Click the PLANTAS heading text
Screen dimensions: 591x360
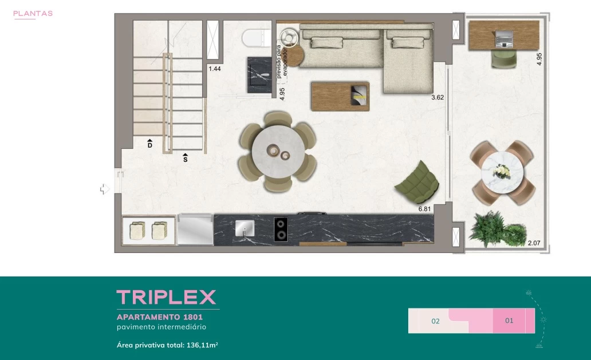point(33,14)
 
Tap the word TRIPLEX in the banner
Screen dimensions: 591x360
point(166,297)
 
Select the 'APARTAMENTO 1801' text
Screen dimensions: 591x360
point(160,317)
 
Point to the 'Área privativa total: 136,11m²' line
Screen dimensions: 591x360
point(167,345)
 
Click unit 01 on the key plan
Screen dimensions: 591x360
point(509,321)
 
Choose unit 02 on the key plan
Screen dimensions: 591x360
point(435,321)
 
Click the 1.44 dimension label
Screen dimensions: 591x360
point(215,69)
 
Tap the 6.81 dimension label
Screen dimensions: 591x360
point(424,209)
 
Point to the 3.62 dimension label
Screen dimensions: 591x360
point(438,97)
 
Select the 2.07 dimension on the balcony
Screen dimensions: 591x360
point(534,243)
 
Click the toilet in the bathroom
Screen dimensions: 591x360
point(257,38)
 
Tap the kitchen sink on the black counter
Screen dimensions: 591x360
point(245,228)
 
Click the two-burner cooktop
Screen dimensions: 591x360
point(281,230)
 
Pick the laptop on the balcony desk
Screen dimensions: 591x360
point(504,39)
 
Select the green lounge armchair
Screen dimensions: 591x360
point(417,183)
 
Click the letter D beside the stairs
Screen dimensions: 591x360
point(149,145)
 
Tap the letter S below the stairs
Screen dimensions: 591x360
point(185,159)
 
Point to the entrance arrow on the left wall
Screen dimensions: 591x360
point(105,189)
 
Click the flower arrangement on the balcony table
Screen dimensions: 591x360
point(502,171)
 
